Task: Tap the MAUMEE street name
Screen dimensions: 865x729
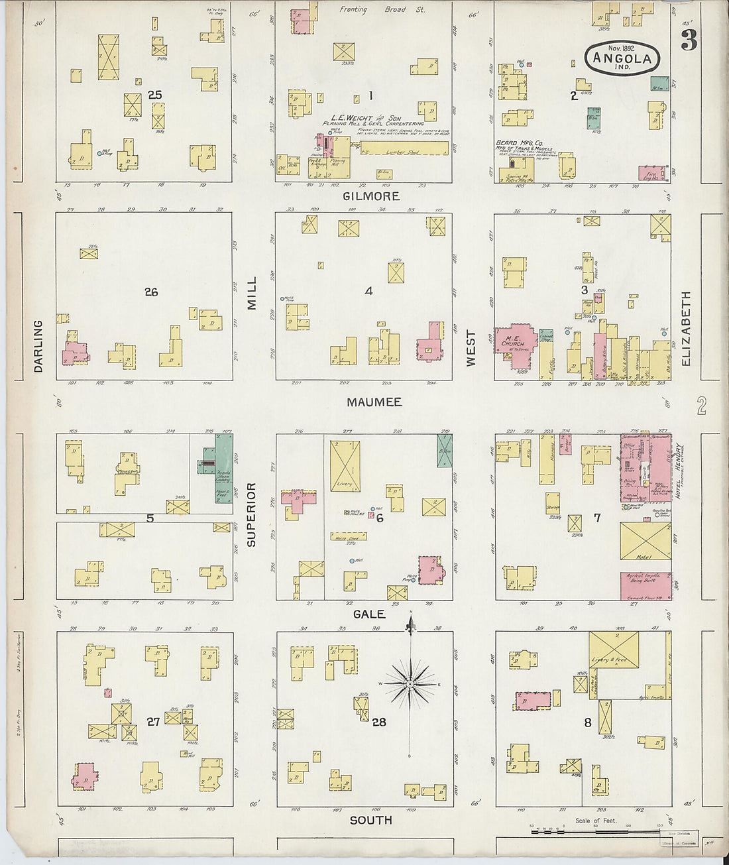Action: click(x=374, y=402)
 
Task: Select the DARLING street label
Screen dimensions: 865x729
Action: click(x=38, y=346)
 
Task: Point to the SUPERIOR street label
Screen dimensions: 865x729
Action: click(x=251, y=514)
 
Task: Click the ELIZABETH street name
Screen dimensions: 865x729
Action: click(x=686, y=328)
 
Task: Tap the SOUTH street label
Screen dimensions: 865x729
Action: click(x=370, y=821)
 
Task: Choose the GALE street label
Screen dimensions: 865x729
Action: click(x=369, y=614)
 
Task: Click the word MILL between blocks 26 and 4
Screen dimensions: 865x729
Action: click(x=252, y=293)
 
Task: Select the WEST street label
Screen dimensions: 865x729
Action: click(x=471, y=349)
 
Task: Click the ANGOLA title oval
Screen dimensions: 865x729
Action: click(x=622, y=58)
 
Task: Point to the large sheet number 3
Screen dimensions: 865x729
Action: click(x=689, y=41)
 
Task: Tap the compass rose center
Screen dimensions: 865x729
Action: click(x=410, y=683)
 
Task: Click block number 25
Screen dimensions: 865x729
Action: click(x=155, y=95)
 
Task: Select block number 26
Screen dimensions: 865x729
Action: click(x=151, y=292)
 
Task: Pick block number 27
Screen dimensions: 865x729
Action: click(x=153, y=722)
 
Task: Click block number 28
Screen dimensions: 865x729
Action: click(x=378, y=722)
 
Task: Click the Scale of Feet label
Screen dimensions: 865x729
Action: click(x=595, y=821)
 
